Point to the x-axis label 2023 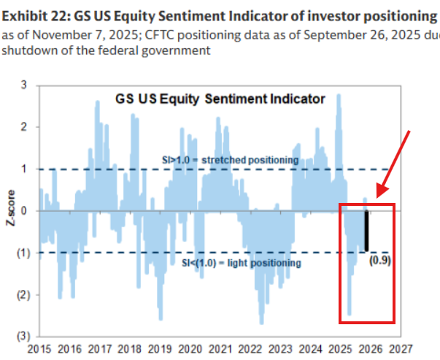click(280, 349)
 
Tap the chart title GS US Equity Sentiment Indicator click(220, 99)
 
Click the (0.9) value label click(380, 259)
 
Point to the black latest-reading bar click(366, 231)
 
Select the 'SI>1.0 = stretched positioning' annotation click(231, 160)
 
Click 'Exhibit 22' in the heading click(32, 15)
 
